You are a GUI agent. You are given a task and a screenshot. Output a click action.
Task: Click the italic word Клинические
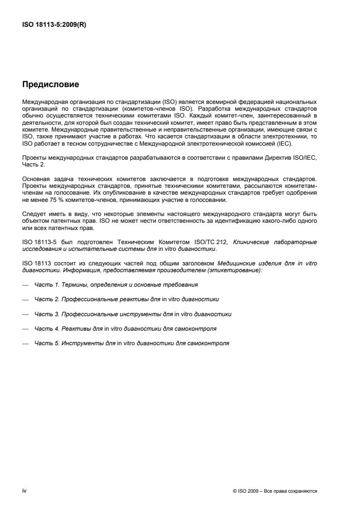(250, 242)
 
